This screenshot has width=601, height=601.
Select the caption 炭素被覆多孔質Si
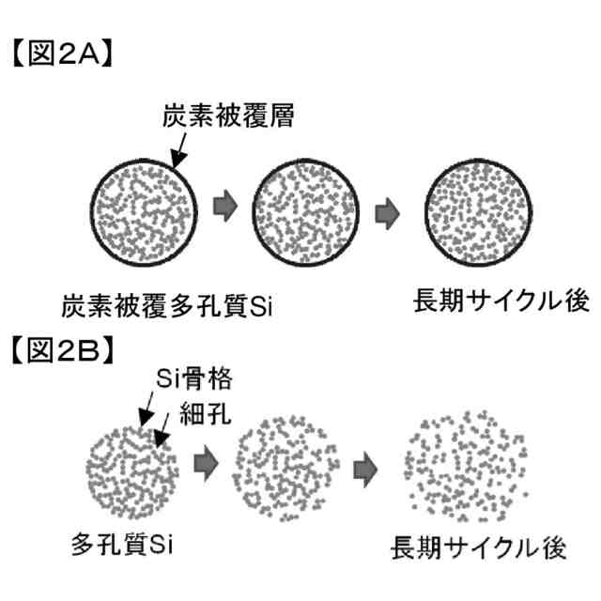click(x=166, y=306)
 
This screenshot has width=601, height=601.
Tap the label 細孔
click(x=204, y=410)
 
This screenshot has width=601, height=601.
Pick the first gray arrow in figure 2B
click(x=204, y=460)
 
